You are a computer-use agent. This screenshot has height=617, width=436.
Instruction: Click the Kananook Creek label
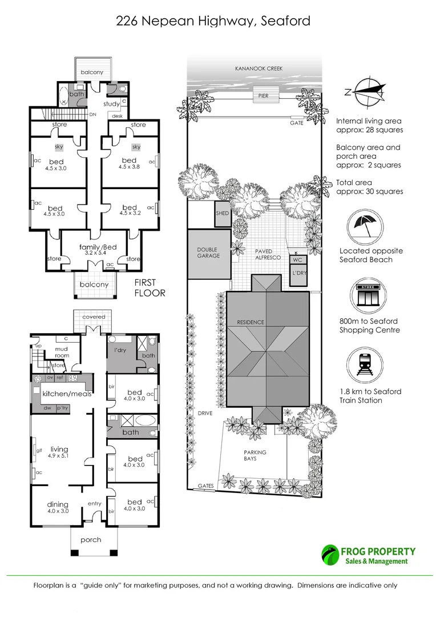pos(259,69)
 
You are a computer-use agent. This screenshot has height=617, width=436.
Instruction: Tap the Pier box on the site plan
pos(264,95)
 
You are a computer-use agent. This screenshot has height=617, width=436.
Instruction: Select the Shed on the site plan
pos(223,214)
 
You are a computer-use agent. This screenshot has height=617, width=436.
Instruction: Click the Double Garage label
pos(208,253)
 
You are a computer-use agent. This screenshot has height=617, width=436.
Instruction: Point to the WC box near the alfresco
pos(298,260)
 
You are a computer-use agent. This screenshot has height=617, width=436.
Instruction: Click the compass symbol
pos(369,93)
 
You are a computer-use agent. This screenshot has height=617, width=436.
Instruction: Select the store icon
pos(369,296)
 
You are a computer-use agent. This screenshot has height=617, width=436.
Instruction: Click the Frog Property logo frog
pos(330,555)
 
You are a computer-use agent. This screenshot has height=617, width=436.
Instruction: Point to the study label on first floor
pos(111,105)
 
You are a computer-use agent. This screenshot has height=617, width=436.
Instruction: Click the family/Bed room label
pos(98,247)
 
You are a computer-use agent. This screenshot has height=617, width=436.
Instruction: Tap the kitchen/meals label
pos(67,394)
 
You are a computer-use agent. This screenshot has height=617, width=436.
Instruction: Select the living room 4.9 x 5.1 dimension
pos(59,456)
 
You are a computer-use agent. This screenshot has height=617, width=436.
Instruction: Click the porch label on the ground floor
pos(91,540)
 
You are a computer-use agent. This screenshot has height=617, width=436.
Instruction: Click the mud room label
pos(62,352)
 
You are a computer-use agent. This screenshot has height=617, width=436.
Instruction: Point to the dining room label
pos(58,504)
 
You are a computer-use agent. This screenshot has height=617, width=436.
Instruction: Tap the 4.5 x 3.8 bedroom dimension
pos(129,166)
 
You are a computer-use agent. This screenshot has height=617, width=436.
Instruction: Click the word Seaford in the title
pos(285,21)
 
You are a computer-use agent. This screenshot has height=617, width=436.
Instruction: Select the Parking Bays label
pos(255,455)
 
